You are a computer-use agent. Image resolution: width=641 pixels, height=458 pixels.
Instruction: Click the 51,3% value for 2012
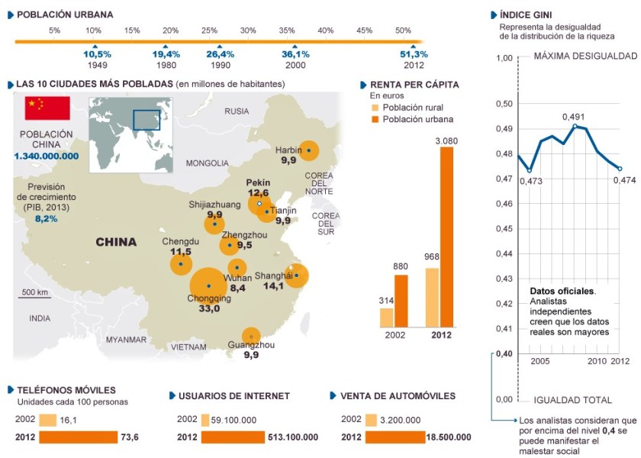(414, 54)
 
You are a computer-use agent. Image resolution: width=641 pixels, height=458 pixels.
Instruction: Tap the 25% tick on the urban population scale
(209, 30)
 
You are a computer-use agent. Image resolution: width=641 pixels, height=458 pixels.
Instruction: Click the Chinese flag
(47, 108)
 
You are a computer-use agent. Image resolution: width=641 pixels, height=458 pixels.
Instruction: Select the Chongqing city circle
(208, 285)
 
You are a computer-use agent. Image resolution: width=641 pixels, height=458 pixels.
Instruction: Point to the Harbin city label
(288, 150)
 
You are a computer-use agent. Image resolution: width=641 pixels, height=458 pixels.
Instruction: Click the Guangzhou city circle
(251, 336)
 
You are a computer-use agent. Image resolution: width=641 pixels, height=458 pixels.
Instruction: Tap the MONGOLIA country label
(207, 163)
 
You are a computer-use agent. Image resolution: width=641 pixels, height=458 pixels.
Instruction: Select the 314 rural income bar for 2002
(387, 318)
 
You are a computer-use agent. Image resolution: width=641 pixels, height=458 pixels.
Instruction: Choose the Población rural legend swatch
(374, 108)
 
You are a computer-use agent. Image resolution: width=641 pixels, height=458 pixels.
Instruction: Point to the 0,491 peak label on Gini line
(573, 117)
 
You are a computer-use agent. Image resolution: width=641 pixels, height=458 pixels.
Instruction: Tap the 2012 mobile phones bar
(79, 437)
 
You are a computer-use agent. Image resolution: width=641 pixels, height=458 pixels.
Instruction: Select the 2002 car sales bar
(371, 420)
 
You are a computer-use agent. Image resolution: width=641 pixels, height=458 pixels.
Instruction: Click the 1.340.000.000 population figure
(46, 156)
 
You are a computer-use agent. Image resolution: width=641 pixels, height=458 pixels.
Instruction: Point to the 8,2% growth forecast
(46, 218)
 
